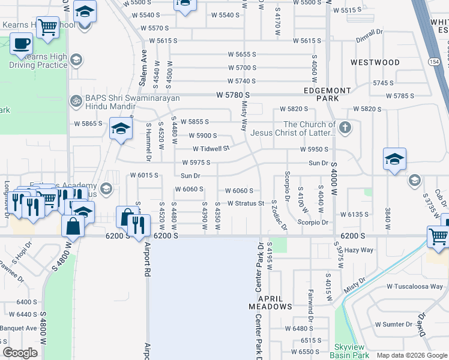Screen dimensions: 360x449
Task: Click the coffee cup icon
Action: coord(22,44)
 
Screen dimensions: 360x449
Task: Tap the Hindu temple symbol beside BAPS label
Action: coord(76,100)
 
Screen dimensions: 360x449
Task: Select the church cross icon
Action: coord(345,127)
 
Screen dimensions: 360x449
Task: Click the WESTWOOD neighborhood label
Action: coord(375,62)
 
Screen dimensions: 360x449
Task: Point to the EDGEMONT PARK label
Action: coord(327,94)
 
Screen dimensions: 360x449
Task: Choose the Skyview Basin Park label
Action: coord(352,352)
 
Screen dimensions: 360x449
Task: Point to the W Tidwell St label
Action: coord(211,149)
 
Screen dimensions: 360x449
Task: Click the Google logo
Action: coord(20,353)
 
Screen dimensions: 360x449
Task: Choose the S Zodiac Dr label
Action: coord(274,214)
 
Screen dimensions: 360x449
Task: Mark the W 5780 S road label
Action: coord(233,95)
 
